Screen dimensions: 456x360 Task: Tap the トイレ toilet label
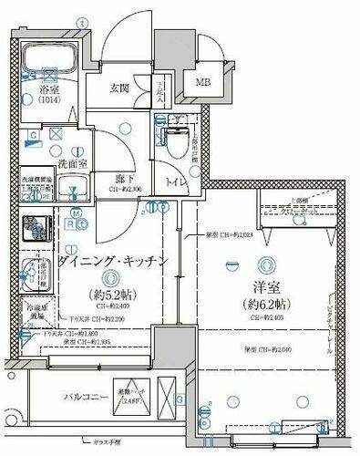coord(171,182)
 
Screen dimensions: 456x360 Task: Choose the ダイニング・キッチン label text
coord(113,261)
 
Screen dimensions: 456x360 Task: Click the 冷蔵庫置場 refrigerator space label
coord(36,313)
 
